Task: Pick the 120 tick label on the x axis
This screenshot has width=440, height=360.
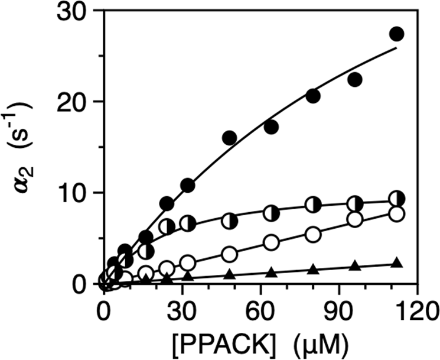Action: coord(416,309)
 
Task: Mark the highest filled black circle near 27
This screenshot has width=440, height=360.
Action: coord(396,34)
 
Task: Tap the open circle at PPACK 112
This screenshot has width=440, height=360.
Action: coord(396,213)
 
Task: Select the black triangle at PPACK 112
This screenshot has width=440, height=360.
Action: coord(396,263)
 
